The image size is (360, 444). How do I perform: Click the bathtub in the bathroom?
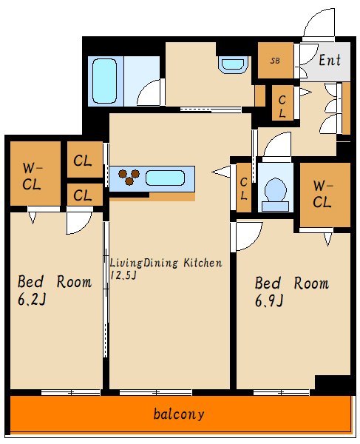[104, 81]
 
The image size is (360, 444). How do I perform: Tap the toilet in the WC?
[275, 194]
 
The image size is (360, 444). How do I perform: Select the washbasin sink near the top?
[233, 65]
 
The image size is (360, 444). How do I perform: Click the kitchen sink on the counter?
[165, 178]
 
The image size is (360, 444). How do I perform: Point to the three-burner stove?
[129, 177]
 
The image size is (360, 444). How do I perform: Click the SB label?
[275, 61]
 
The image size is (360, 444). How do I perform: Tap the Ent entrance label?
[330, 60]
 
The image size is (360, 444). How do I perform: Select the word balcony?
[179, 414]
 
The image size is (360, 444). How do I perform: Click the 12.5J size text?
[123, 275]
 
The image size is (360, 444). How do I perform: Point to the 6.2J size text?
[32, 299]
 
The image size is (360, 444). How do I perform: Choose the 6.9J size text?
[269, 300]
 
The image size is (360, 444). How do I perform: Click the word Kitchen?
[203, 263]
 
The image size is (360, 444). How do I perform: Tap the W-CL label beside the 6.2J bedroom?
[32, 176]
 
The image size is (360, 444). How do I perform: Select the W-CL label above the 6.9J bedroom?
[322, 194]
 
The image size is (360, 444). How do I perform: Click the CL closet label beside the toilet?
[243, 189]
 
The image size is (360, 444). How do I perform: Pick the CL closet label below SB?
[282, 107]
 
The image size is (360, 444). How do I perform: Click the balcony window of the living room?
[156, 392]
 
